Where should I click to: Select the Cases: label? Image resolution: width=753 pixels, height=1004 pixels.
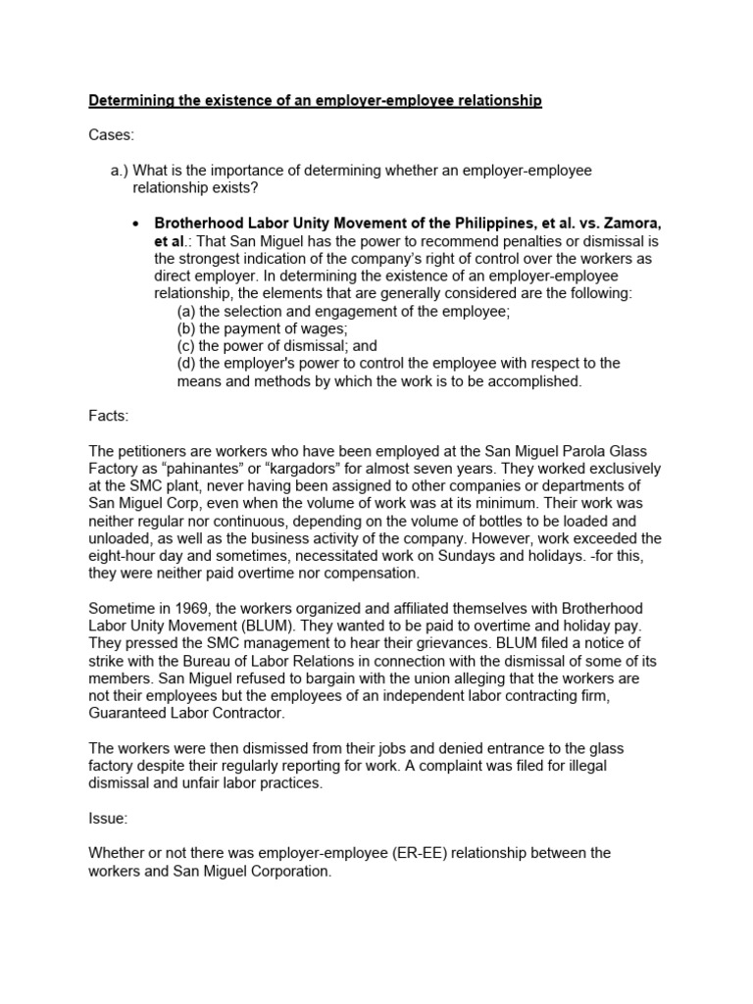(110, 135)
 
